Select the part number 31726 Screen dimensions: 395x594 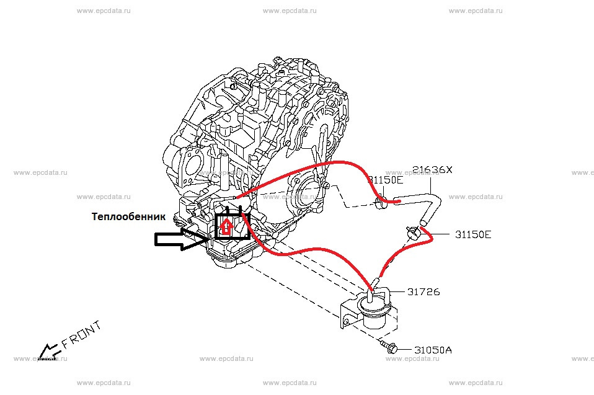pyautogui.click(x=423, y=291)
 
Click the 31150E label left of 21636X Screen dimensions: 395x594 pyautogui.click(x=385, y=180)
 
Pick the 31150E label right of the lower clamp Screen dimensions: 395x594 pyautogui.click(x=473, y=234)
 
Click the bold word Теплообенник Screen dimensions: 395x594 pyautogui.click(x=129, y=217)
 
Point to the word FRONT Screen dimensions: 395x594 pyautogui.click(x=80, y=337)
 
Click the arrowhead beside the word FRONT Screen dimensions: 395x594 pyautogui.click(x=45, y=353)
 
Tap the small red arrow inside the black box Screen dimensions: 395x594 pyautogui.click(x=227, y=226)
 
